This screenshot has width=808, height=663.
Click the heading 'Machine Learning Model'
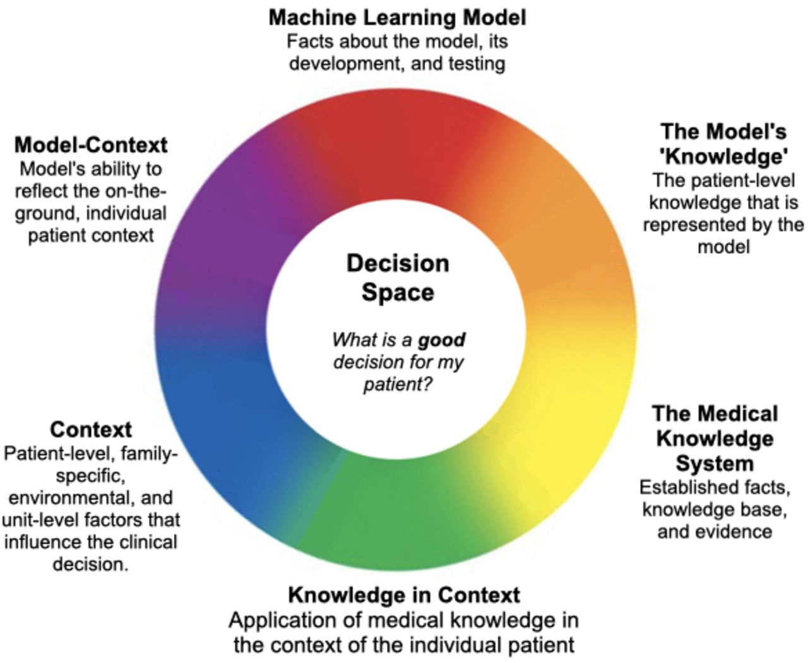click(397, 17)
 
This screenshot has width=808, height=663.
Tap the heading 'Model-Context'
click(91, 145)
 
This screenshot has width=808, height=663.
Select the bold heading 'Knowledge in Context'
click(404, 595)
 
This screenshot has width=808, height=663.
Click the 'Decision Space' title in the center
click(398, 278)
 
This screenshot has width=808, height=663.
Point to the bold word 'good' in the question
click(442, 340)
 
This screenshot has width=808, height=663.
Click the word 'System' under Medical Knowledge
click(715, 463)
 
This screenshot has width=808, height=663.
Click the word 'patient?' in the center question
click(398, 383)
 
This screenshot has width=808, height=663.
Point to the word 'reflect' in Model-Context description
click(44, 191)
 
